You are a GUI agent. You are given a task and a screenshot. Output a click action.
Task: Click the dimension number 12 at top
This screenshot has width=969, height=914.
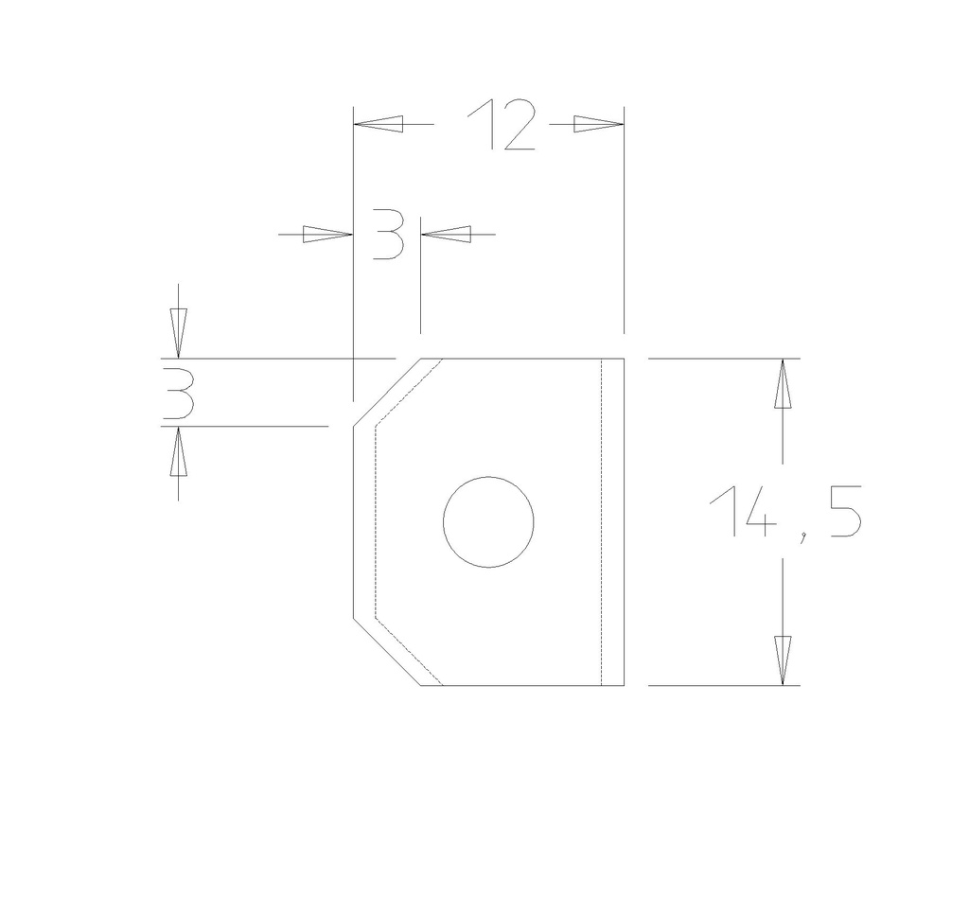[502, 125]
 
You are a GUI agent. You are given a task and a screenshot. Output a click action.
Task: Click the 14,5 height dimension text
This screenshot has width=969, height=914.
[784, 514]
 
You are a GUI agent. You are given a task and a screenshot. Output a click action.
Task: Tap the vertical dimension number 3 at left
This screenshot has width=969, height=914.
[178, 394]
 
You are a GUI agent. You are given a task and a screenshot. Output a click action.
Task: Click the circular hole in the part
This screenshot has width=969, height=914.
[488, 521]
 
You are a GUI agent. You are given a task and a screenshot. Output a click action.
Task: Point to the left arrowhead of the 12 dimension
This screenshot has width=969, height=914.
[379, 124]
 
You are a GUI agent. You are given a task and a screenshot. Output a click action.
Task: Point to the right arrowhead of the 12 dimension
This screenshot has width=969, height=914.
[599, 124]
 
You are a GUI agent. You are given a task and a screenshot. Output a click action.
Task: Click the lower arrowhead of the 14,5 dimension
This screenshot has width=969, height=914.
[782, 659]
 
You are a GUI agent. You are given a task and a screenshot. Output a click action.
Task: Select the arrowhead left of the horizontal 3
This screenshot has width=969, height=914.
[327, 234]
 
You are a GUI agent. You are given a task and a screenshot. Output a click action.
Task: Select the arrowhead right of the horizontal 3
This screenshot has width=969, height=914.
[446, 234]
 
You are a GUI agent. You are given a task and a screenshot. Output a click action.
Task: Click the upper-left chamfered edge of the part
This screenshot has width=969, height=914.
[386, 393]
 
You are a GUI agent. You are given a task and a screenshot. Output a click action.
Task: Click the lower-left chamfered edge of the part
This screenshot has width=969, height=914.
[386, 652]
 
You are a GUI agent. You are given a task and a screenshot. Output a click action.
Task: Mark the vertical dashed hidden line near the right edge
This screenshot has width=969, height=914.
[603, 521]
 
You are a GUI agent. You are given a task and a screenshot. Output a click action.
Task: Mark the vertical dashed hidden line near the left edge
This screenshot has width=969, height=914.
[377, 521]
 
